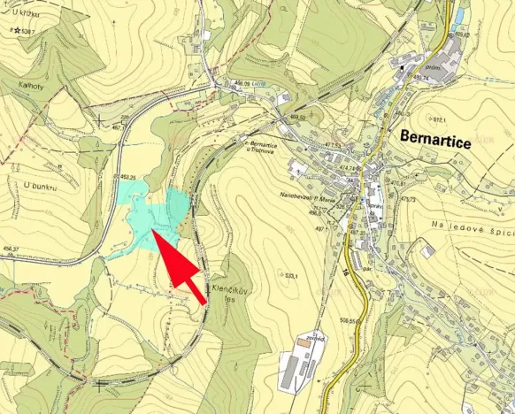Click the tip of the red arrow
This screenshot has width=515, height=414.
tap(156, 233)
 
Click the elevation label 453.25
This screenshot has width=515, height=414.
tap(126, 177)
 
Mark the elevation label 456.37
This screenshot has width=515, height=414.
tap(11, 249)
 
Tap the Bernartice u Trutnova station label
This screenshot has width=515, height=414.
tap(270, 146)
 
